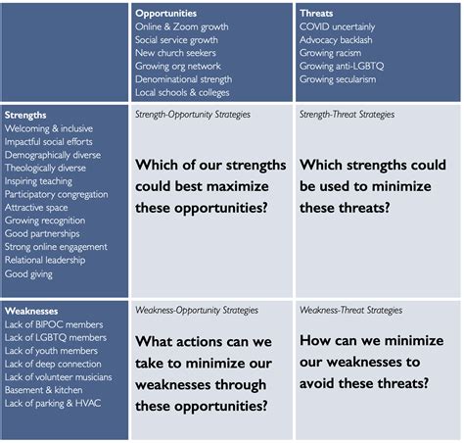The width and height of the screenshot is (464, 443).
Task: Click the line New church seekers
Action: pyautogui.click(x=176, y=53)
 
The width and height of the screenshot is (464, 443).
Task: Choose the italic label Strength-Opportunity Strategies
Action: pyautogui.click(x=193, y=115)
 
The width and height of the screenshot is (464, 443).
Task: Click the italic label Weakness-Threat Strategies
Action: pyautogui.click(x=350, y=310)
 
